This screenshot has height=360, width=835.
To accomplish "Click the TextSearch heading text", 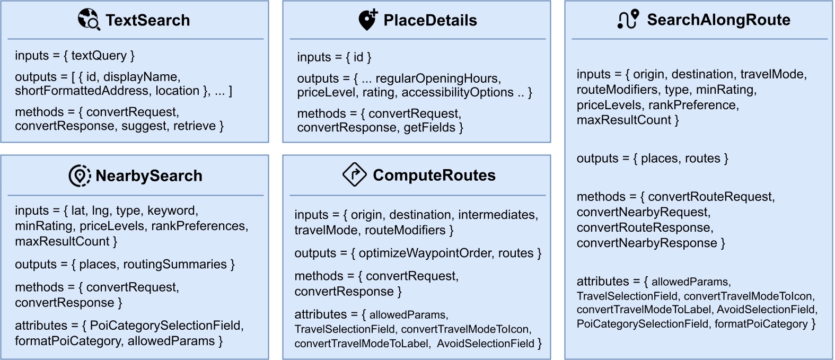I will (x=147, y=20).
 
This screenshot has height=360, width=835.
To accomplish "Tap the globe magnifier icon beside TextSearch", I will (x=89, y=19).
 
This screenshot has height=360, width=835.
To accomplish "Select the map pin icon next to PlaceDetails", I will (x=367, y=20).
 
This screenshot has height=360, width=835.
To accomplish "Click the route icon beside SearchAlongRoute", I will (x=628, y=19).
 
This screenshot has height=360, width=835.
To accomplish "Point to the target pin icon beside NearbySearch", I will (x=80, y=175).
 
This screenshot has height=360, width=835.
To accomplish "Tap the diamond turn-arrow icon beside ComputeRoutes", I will (x=355, y=174).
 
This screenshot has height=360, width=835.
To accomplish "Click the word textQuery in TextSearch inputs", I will (x=99, y=56).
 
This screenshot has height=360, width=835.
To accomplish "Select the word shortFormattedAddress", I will (x=82, y=91).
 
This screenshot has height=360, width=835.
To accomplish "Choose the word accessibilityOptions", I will (x=458, y=92).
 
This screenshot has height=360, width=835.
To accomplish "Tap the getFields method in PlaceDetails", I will (x=429, y=128).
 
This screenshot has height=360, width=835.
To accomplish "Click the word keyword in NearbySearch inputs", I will (x=171, y=210).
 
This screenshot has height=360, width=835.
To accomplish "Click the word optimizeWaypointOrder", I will (x=425, y=253).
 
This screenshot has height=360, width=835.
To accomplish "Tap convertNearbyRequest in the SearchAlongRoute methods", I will (x=643, y=212).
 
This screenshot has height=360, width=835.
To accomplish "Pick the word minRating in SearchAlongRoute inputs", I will (x=725, y=90).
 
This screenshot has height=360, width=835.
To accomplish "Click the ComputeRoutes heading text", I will (x=434, y=175).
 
